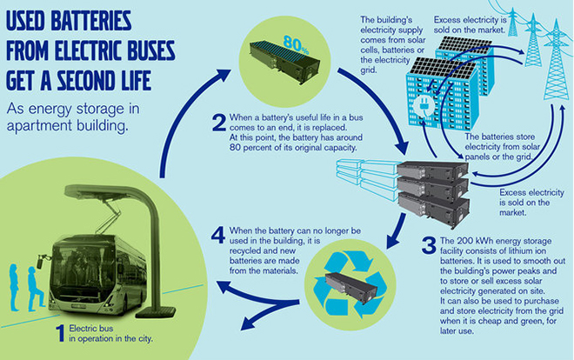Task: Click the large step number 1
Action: click(60, 333)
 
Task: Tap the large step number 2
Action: click(219, 123)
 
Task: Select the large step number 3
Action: click(429, 245)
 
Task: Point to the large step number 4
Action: click(218, 235)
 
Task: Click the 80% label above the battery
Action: click(296, 44)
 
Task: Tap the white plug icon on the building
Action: click(424, 107)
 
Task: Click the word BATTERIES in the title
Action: click(90, 21)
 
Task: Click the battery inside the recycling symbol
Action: click(350, 287)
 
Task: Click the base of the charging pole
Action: click(155, 313)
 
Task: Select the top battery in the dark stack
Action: click(433, 170)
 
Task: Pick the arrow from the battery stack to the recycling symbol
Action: click(397, 230)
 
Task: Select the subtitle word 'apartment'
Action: click(40, 126)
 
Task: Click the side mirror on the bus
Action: click(40, 262)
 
